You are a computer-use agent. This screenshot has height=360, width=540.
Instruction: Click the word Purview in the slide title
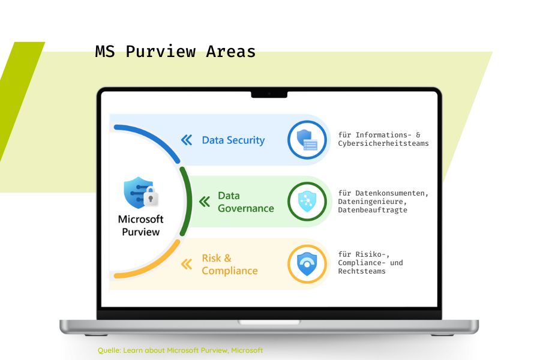161,52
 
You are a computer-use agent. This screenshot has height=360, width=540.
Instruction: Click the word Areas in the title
231,52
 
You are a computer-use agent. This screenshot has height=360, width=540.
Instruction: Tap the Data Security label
233,140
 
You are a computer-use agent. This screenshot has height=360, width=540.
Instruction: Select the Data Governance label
246,202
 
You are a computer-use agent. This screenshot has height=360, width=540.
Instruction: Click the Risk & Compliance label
230,265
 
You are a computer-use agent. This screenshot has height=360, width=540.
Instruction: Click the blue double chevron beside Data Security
187,140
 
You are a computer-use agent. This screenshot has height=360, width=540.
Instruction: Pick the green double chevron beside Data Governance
205,202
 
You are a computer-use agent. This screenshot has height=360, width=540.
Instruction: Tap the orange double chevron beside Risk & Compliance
187,264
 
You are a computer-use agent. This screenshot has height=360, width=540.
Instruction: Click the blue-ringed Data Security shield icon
307,140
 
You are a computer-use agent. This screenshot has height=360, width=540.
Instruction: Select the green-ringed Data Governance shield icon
307,202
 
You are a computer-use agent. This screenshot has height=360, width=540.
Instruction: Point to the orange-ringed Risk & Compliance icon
307,264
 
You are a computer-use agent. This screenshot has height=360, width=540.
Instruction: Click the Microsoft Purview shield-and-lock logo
140,193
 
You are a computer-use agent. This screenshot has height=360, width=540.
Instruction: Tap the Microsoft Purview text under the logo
140,226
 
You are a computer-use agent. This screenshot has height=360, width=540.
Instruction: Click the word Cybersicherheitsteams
383,143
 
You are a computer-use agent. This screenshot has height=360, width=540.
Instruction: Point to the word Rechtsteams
362,271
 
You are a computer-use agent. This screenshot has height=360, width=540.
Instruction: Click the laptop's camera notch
269,94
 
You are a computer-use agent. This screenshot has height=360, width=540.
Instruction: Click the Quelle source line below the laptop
180,350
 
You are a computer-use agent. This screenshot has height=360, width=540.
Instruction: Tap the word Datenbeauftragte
372,210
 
